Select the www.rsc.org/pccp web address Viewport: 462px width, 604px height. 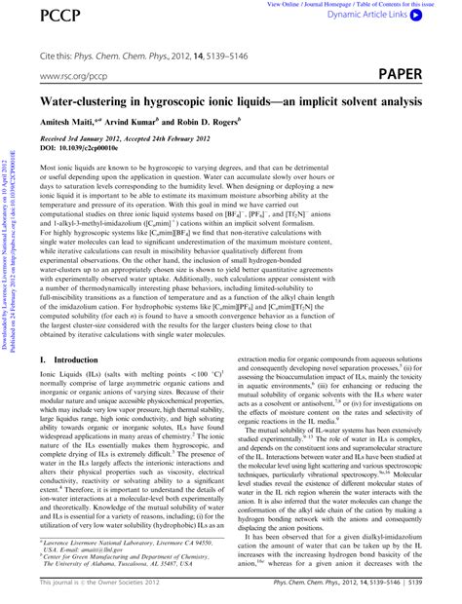coord(73,74)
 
